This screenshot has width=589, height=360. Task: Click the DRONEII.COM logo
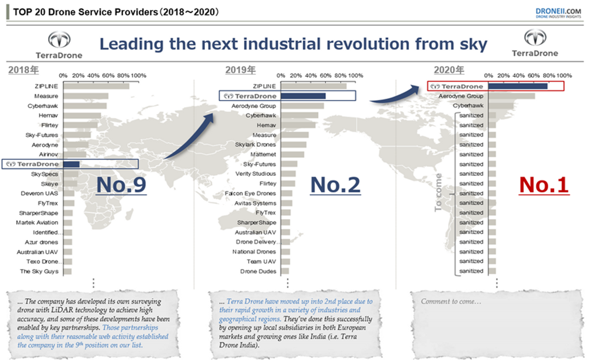[558, 13]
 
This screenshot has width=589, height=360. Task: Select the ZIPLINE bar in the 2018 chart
[96, 86]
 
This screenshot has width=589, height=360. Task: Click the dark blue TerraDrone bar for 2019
[303, 96]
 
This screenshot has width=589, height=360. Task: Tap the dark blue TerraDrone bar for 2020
[517, 86]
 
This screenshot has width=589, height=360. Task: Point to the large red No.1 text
[544, 185]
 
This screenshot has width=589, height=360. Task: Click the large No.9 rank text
[121, 185]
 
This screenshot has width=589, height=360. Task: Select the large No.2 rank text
[335, 185]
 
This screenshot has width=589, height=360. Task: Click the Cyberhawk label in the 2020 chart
[468, 106]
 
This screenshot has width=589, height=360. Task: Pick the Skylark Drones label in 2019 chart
[255, 144]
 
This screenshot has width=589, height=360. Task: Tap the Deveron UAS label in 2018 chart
[39, 193]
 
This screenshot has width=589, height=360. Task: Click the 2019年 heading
[241, 70]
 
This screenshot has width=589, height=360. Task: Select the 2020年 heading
[449, 70]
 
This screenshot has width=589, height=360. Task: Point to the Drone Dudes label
[258, 271]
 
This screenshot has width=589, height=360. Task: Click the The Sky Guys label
[39, 271]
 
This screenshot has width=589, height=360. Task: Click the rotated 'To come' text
[438, 192]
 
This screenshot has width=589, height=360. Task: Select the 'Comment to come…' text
[451, 301]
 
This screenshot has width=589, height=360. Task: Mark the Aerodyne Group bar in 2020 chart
[511, 96]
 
